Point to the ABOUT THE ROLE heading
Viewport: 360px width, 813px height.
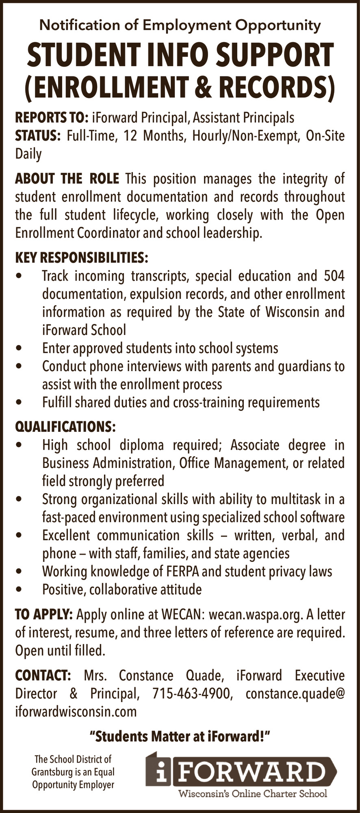(67, 178)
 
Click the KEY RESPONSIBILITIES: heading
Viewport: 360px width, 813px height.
(82, 258)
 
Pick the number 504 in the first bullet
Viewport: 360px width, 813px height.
(334, 276)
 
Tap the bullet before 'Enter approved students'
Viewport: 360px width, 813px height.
(18, 348)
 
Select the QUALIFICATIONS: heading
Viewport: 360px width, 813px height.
(65, 427)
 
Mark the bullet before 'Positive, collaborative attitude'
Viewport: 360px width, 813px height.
(18, 589)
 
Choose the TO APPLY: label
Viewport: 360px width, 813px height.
(44, 615)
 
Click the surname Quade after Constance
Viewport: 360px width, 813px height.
(204, 676)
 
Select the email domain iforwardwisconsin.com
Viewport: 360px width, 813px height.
(76, 711)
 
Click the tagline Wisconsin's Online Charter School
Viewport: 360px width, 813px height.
(253, 793)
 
